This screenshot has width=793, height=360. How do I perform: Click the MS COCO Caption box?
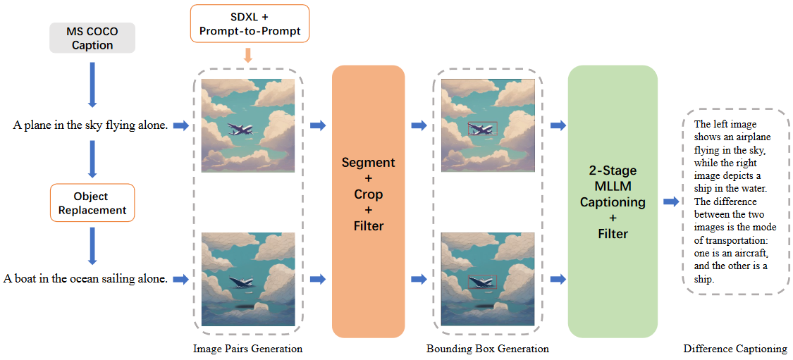92,38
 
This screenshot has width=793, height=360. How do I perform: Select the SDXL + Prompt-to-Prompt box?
250,24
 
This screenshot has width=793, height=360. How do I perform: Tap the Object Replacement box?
92,202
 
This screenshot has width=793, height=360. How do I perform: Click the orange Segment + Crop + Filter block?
368,201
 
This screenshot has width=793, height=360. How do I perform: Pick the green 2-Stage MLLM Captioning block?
612,201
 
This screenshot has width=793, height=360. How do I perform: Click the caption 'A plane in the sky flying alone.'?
90,125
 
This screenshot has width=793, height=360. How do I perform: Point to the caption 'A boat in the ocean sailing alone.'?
85,279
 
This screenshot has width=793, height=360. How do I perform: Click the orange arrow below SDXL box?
248,55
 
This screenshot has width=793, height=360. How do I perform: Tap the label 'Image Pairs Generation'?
247,349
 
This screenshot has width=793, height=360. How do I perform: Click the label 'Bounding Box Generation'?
487,349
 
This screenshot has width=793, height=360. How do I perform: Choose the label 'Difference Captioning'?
735,349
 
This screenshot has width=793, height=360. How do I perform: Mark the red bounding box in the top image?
482,128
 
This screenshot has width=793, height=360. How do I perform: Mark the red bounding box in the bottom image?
483,282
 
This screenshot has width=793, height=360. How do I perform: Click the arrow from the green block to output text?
671,201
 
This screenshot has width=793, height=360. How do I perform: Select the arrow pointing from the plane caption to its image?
181,125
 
